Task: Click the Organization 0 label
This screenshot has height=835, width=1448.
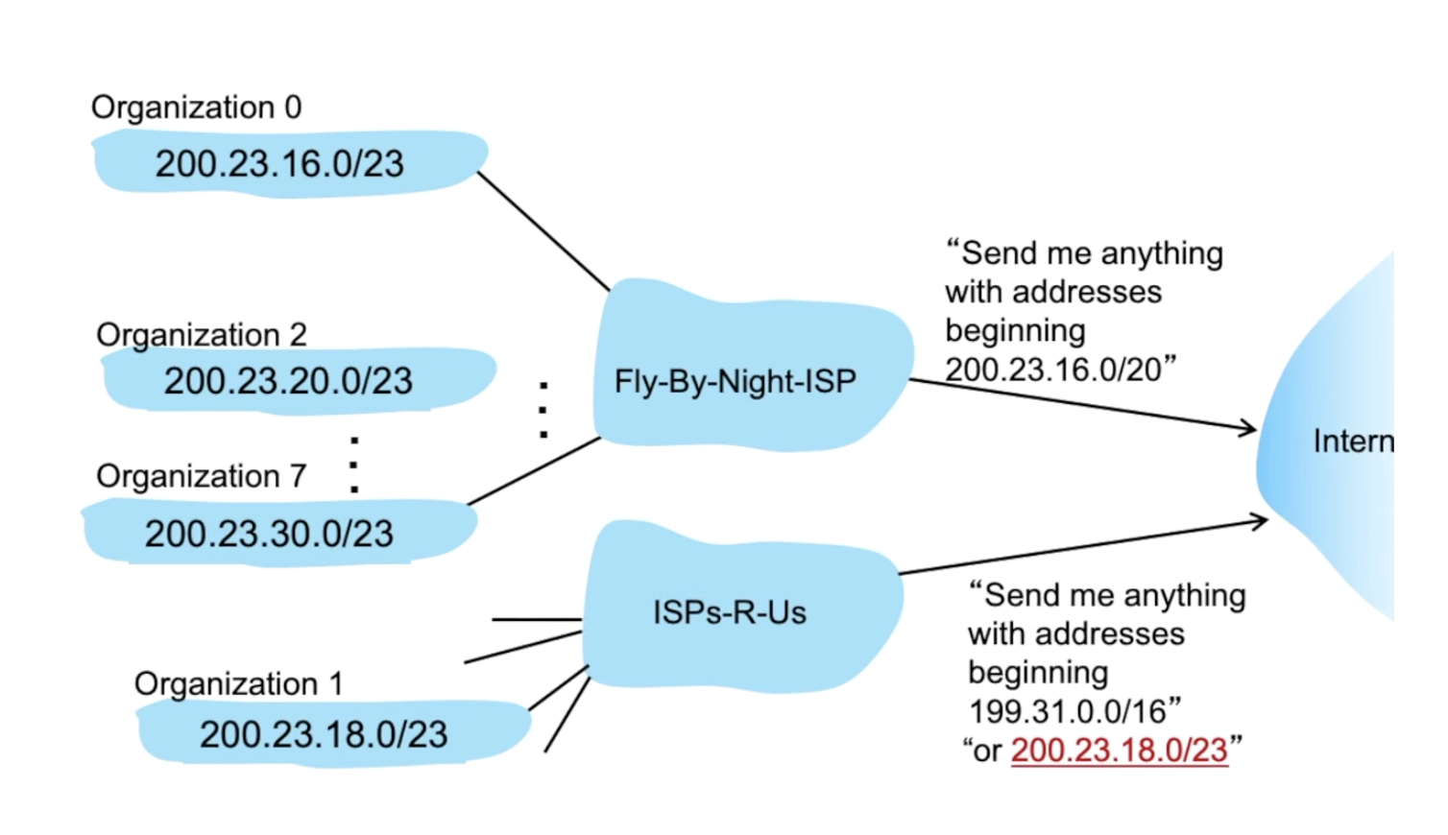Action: coord(196,107)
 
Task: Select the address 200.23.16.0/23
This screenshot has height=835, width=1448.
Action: coord(279,164)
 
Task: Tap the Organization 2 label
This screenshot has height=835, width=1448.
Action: coord(202,335)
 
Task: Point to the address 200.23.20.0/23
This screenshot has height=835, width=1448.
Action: coord(288,381)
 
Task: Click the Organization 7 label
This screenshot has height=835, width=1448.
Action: coord(202,476)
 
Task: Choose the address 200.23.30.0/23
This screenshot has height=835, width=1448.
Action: coord(269,534)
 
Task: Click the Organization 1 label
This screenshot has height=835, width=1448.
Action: coord(238,684)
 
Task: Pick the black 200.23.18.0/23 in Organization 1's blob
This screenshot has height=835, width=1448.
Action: coord(324,735)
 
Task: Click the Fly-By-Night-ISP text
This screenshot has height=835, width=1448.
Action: coord(735,382)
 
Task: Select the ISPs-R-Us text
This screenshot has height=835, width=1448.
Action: coord(730,612)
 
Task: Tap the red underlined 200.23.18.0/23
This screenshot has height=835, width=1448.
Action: coord(1120,751)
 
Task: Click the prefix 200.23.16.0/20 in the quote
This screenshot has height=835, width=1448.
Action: coord(1053,370)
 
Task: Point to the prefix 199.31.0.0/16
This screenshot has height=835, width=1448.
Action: coord(1067,712)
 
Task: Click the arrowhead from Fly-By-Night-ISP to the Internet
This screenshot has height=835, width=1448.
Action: coord(1249,428)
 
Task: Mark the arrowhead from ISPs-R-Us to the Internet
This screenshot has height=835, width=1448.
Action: coord(1261,521)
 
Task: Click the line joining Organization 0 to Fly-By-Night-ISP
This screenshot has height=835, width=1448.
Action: coord(543,231)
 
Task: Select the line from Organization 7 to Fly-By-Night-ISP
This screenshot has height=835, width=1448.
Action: coord(534,471)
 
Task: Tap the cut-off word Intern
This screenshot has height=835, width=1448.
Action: coord(1353,441)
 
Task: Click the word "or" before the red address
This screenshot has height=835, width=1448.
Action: coord(987,751)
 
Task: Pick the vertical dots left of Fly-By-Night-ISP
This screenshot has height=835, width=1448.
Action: coord(543,411)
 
